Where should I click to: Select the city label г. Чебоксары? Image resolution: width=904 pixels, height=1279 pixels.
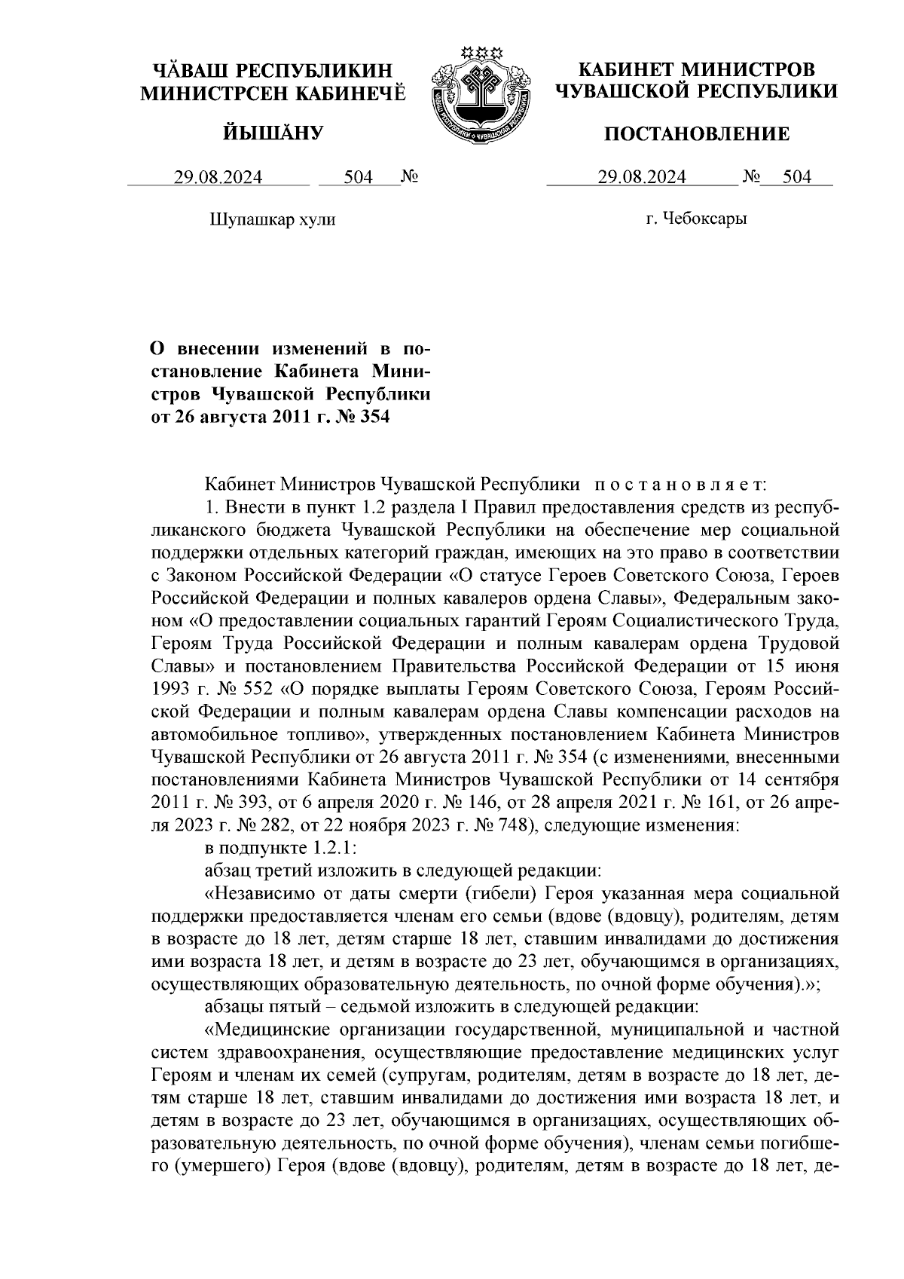coord(696,219)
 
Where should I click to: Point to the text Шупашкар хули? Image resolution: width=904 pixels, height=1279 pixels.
coord(270,219)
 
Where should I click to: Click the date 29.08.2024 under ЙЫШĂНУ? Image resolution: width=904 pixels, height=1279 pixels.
coord(218,177)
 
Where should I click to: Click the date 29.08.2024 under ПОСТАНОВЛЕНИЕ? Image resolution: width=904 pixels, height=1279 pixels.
coord(642,177)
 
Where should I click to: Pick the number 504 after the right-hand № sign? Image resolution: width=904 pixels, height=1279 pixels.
coord(797,177)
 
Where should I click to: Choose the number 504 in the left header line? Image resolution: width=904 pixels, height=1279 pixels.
coord(359,177)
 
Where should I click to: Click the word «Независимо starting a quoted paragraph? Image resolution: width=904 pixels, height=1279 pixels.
coord(255,894)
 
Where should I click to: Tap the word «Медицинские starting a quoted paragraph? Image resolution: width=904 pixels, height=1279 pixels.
coord(261,1029)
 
